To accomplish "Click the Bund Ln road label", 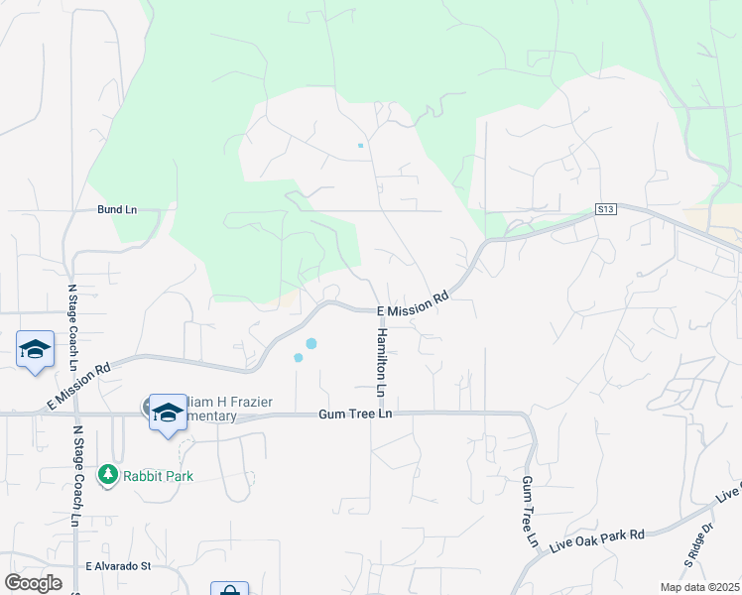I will pyautogui.click(x=116, y=210).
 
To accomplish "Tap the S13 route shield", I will pyautogui.click(x=606, y=209).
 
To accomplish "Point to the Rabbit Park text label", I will pyautogui.click(x=158, y=476).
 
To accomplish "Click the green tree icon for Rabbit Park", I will pyautogui.click(x=108, y=475).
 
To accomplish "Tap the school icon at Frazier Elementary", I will pyautogui.click(x=168, y=412).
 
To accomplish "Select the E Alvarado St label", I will pyautogui.click(x=117, y=566).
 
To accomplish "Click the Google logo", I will pyautogui.click(x=33, y=583).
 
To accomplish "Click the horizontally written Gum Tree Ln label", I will pyautogui.click(x=356, y=414).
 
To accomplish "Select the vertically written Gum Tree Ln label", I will pyautogui.click(x=528, y=512).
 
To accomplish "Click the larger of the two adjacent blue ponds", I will pyautogui.click(x=311, y=343).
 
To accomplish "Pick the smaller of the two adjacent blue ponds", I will pyautogui.click(x=298, y=358).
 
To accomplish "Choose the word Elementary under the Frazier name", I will pyautogui.click(x=213, y=417).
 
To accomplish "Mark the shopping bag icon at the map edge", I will pyautogui.click(x=229, y=589).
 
